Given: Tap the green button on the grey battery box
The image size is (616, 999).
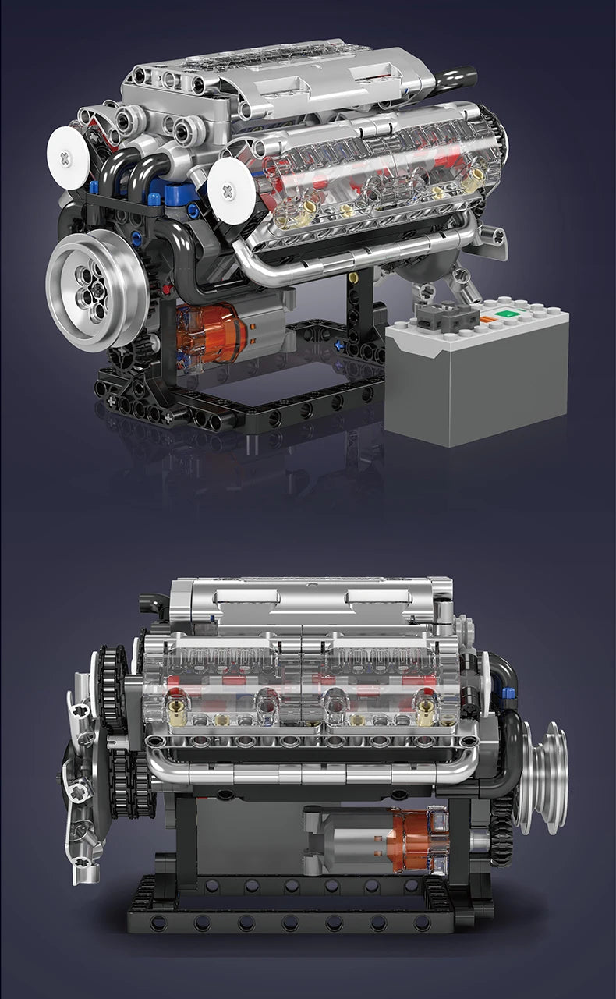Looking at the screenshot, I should tap(508, 314).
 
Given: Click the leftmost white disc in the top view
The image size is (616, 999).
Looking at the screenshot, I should tap(69, 158).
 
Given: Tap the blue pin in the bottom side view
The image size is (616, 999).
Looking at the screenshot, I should tap(508, 692).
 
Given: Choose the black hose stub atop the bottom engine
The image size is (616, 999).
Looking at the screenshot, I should tap(153, 603).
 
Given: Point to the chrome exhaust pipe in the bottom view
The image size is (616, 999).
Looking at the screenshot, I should tap(312, 772).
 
